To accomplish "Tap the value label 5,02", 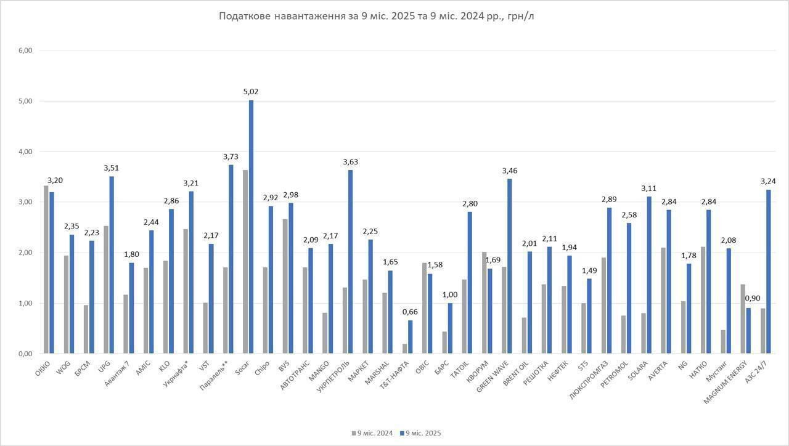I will click(251, 92).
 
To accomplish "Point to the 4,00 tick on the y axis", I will click(25, 152).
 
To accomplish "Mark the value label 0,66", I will click(410, 312).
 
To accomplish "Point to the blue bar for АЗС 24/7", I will click(768, 272).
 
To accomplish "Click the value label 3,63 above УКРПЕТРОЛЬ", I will click(350, 162).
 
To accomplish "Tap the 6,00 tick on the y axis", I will click(25, 51).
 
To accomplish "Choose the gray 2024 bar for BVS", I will click(285, 286).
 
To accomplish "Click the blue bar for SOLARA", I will click(648, 275).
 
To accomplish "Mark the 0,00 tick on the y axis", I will click(25, 354).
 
